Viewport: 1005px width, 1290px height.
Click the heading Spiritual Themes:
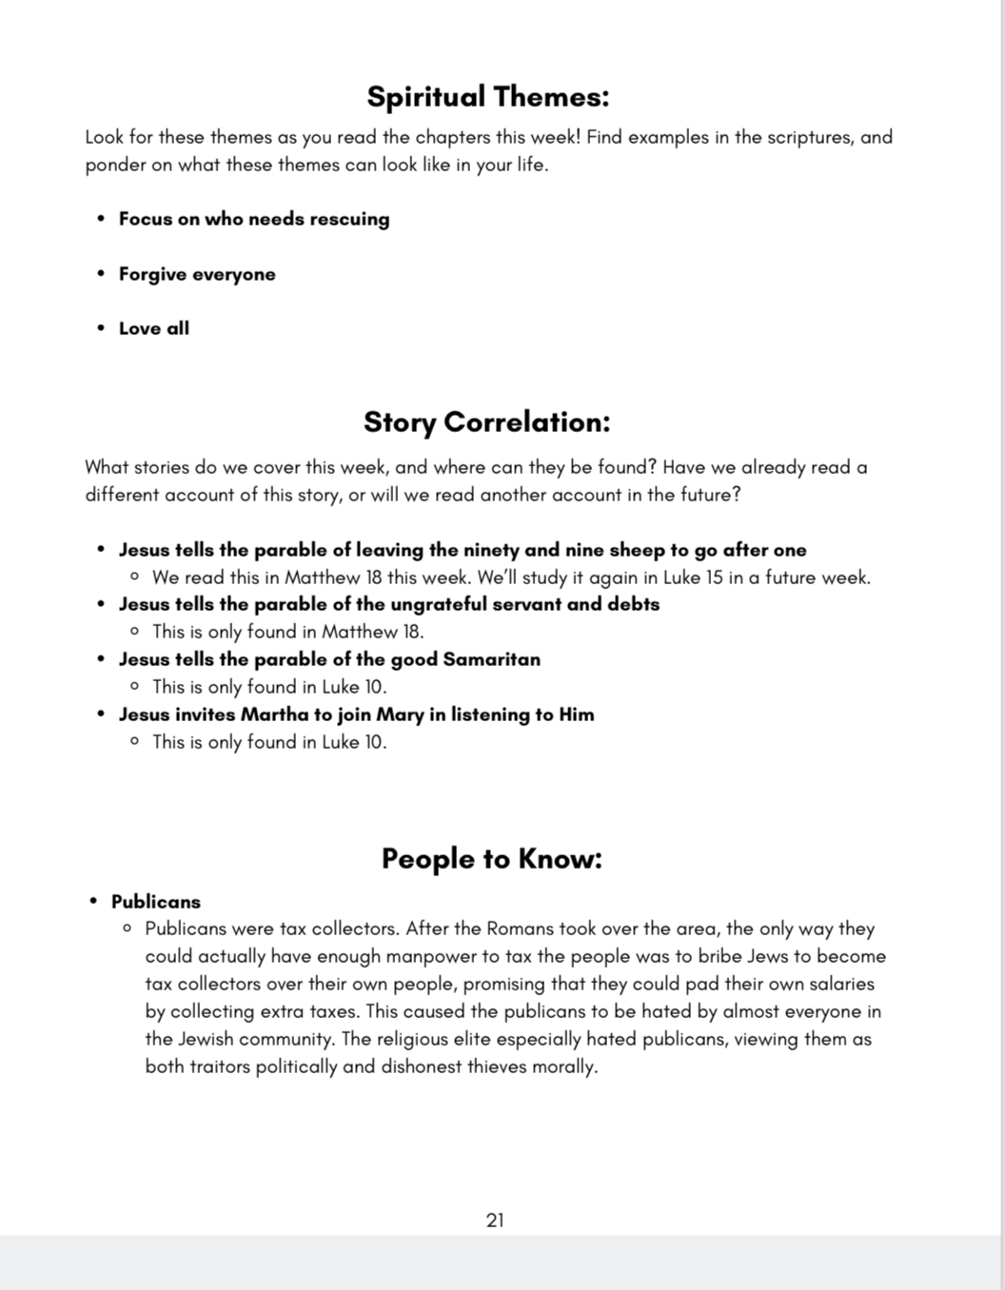[487, 97]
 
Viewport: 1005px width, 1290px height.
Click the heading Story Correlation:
[486, 422]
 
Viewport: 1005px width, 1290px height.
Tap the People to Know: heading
[491, 859]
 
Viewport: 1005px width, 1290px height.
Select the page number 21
[495, 1221]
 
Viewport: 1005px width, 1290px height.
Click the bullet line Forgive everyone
[197, 274]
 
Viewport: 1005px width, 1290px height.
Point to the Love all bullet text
[154, 328]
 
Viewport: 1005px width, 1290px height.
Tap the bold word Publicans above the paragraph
[156, 902]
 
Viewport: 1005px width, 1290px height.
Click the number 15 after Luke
[715, 577]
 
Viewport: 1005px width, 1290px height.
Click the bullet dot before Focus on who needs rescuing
[101, 219]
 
